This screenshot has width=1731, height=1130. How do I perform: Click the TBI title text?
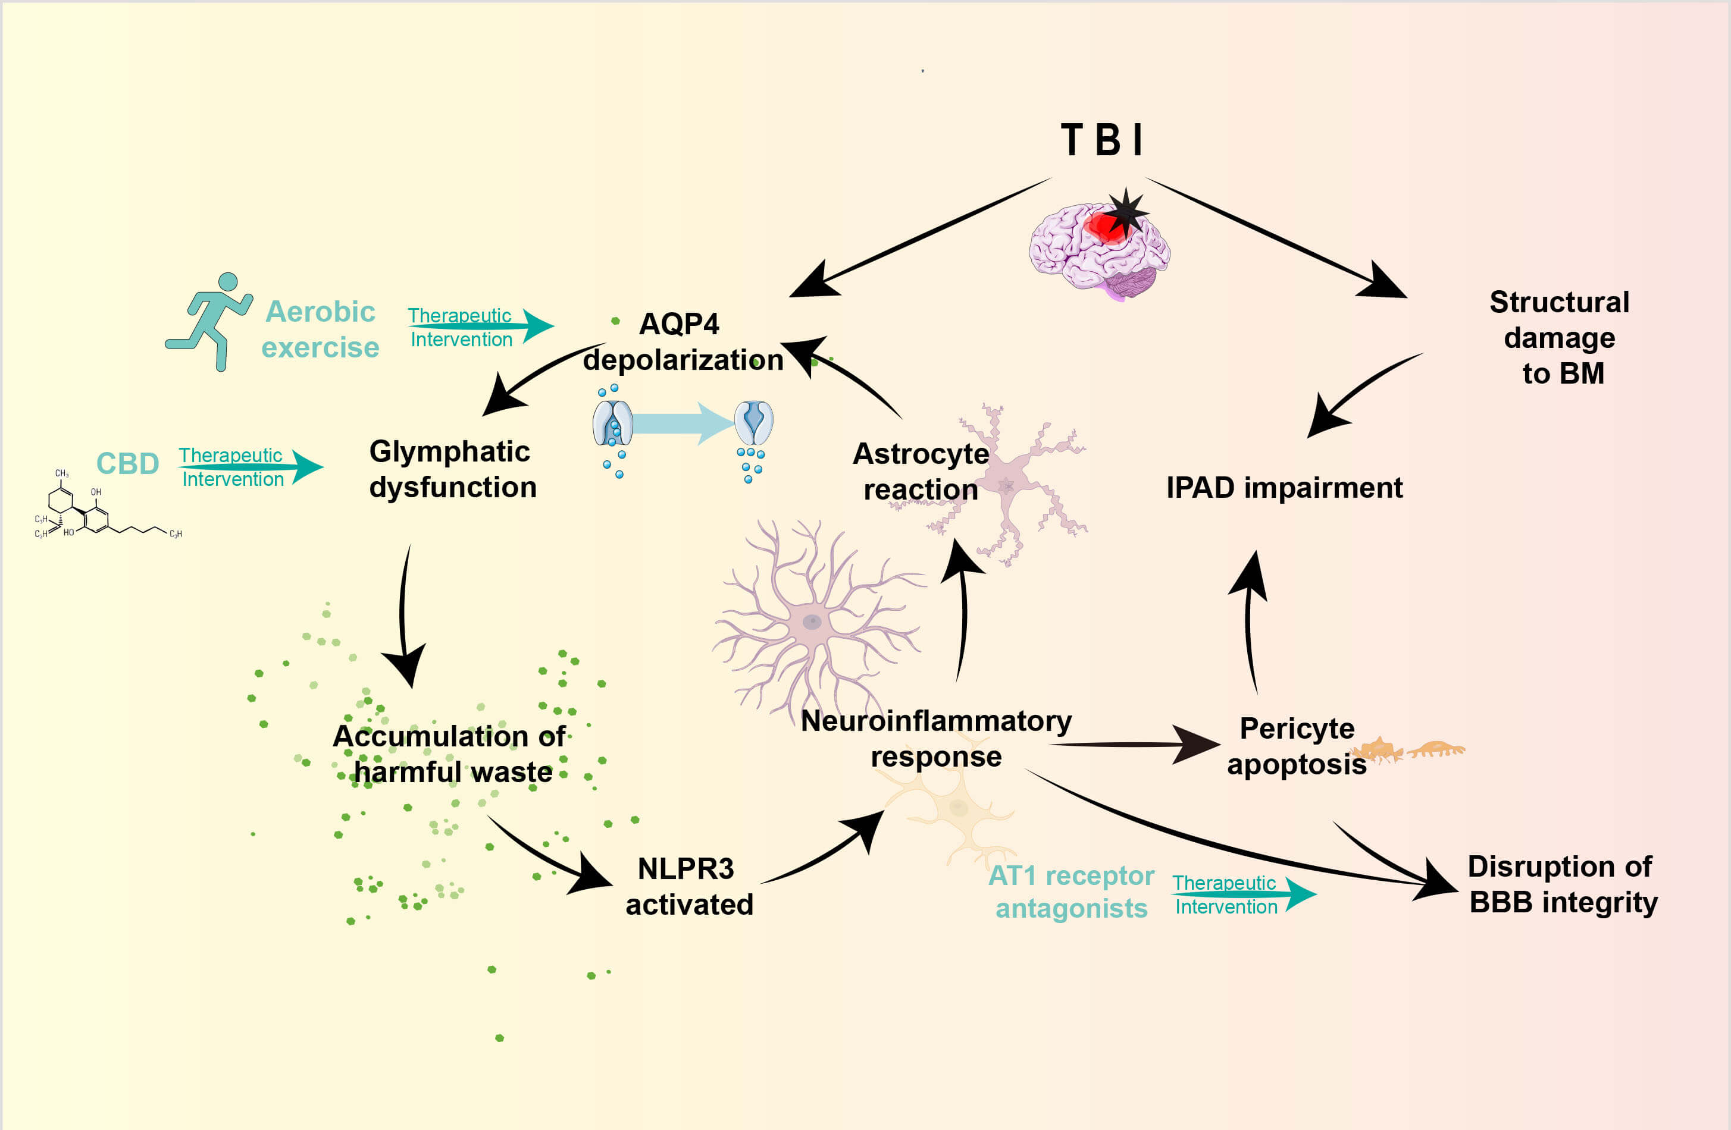pyautogui.click(x=1103, y=140)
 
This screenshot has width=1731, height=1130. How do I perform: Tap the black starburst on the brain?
pyautogui.click(x=1126, y=212)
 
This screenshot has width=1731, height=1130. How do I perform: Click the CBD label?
pyautogui.click(x=128, y=463)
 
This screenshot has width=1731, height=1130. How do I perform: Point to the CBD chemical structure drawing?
pyautogui.click(x=102, y=509)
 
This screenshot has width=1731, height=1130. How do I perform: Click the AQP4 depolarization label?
pyautogui.click(x=682, y=342)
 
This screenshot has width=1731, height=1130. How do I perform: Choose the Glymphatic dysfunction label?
pyautogui.click(x=452, y=469)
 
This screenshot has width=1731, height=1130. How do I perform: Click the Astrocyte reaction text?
pyautogui.click(x=921, y=471)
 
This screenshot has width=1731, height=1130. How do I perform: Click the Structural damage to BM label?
pyautogui.click(x=1560, y=337)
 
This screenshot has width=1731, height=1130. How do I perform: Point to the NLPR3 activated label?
pyautogui.click(x=688, y=886)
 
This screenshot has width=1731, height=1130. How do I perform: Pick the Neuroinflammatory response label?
pyautogui.click(x=936, y=739)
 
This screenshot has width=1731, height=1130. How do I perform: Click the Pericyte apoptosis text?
pyautogui.click(x=1297, y=746)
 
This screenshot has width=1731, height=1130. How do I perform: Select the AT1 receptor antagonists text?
pyautogui.click(x=1071, y=892)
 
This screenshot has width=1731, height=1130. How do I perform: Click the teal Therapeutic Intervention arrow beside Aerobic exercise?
pyautogui.click(x=480, y=327)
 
